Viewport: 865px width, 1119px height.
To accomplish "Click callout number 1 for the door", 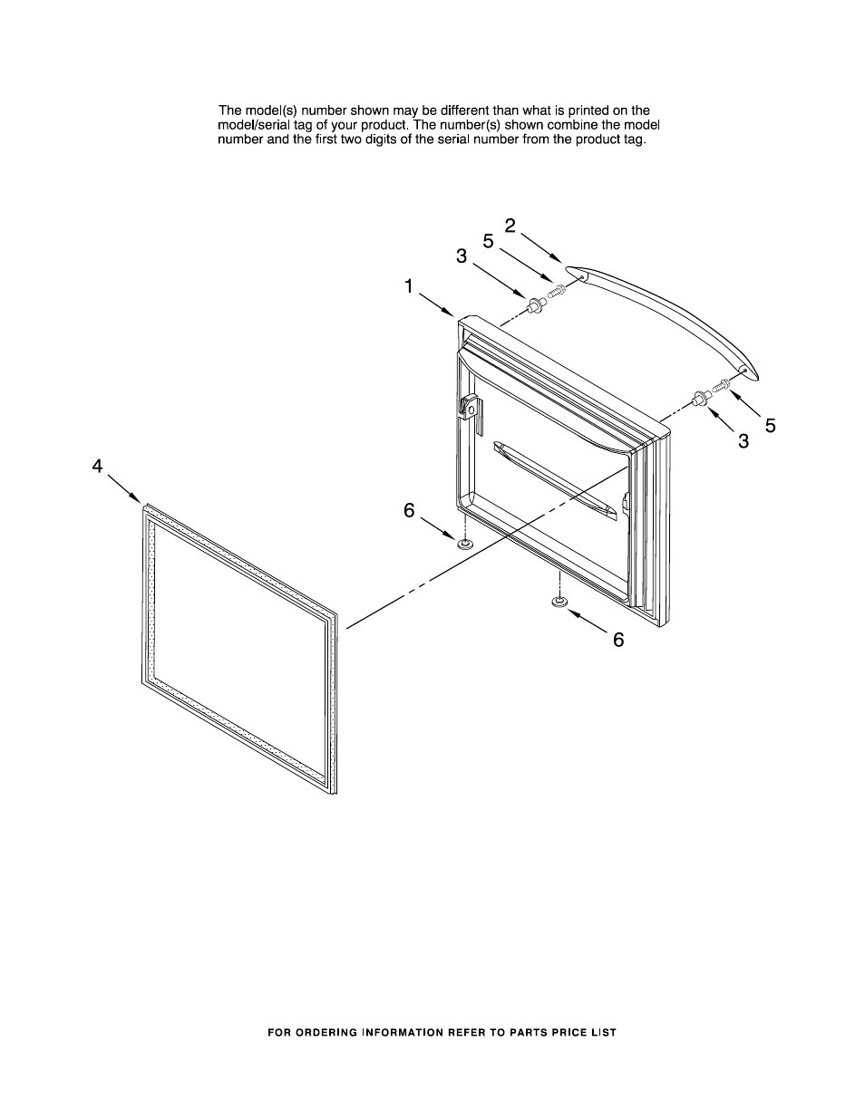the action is tap(409, 286).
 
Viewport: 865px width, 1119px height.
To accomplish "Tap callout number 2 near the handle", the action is tap(510, 226).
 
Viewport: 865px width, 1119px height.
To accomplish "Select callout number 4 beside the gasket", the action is tap(97, 466).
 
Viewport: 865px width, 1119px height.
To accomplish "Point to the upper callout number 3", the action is tap(462, 256).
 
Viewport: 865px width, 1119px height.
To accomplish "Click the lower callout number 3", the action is tap(744, 441).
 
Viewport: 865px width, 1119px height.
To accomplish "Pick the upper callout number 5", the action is tap(488, 241).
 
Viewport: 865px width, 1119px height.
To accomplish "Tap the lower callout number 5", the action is tap(770, 425).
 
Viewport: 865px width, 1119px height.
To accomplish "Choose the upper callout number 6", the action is tap(409, 511).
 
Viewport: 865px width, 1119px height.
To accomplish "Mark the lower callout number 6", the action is tap(618, 640).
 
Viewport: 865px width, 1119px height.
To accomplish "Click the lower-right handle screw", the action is tap(723, 385).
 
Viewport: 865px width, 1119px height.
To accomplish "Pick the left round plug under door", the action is tap(464, 544).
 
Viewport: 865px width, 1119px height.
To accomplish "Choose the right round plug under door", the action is tap(559, 602).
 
